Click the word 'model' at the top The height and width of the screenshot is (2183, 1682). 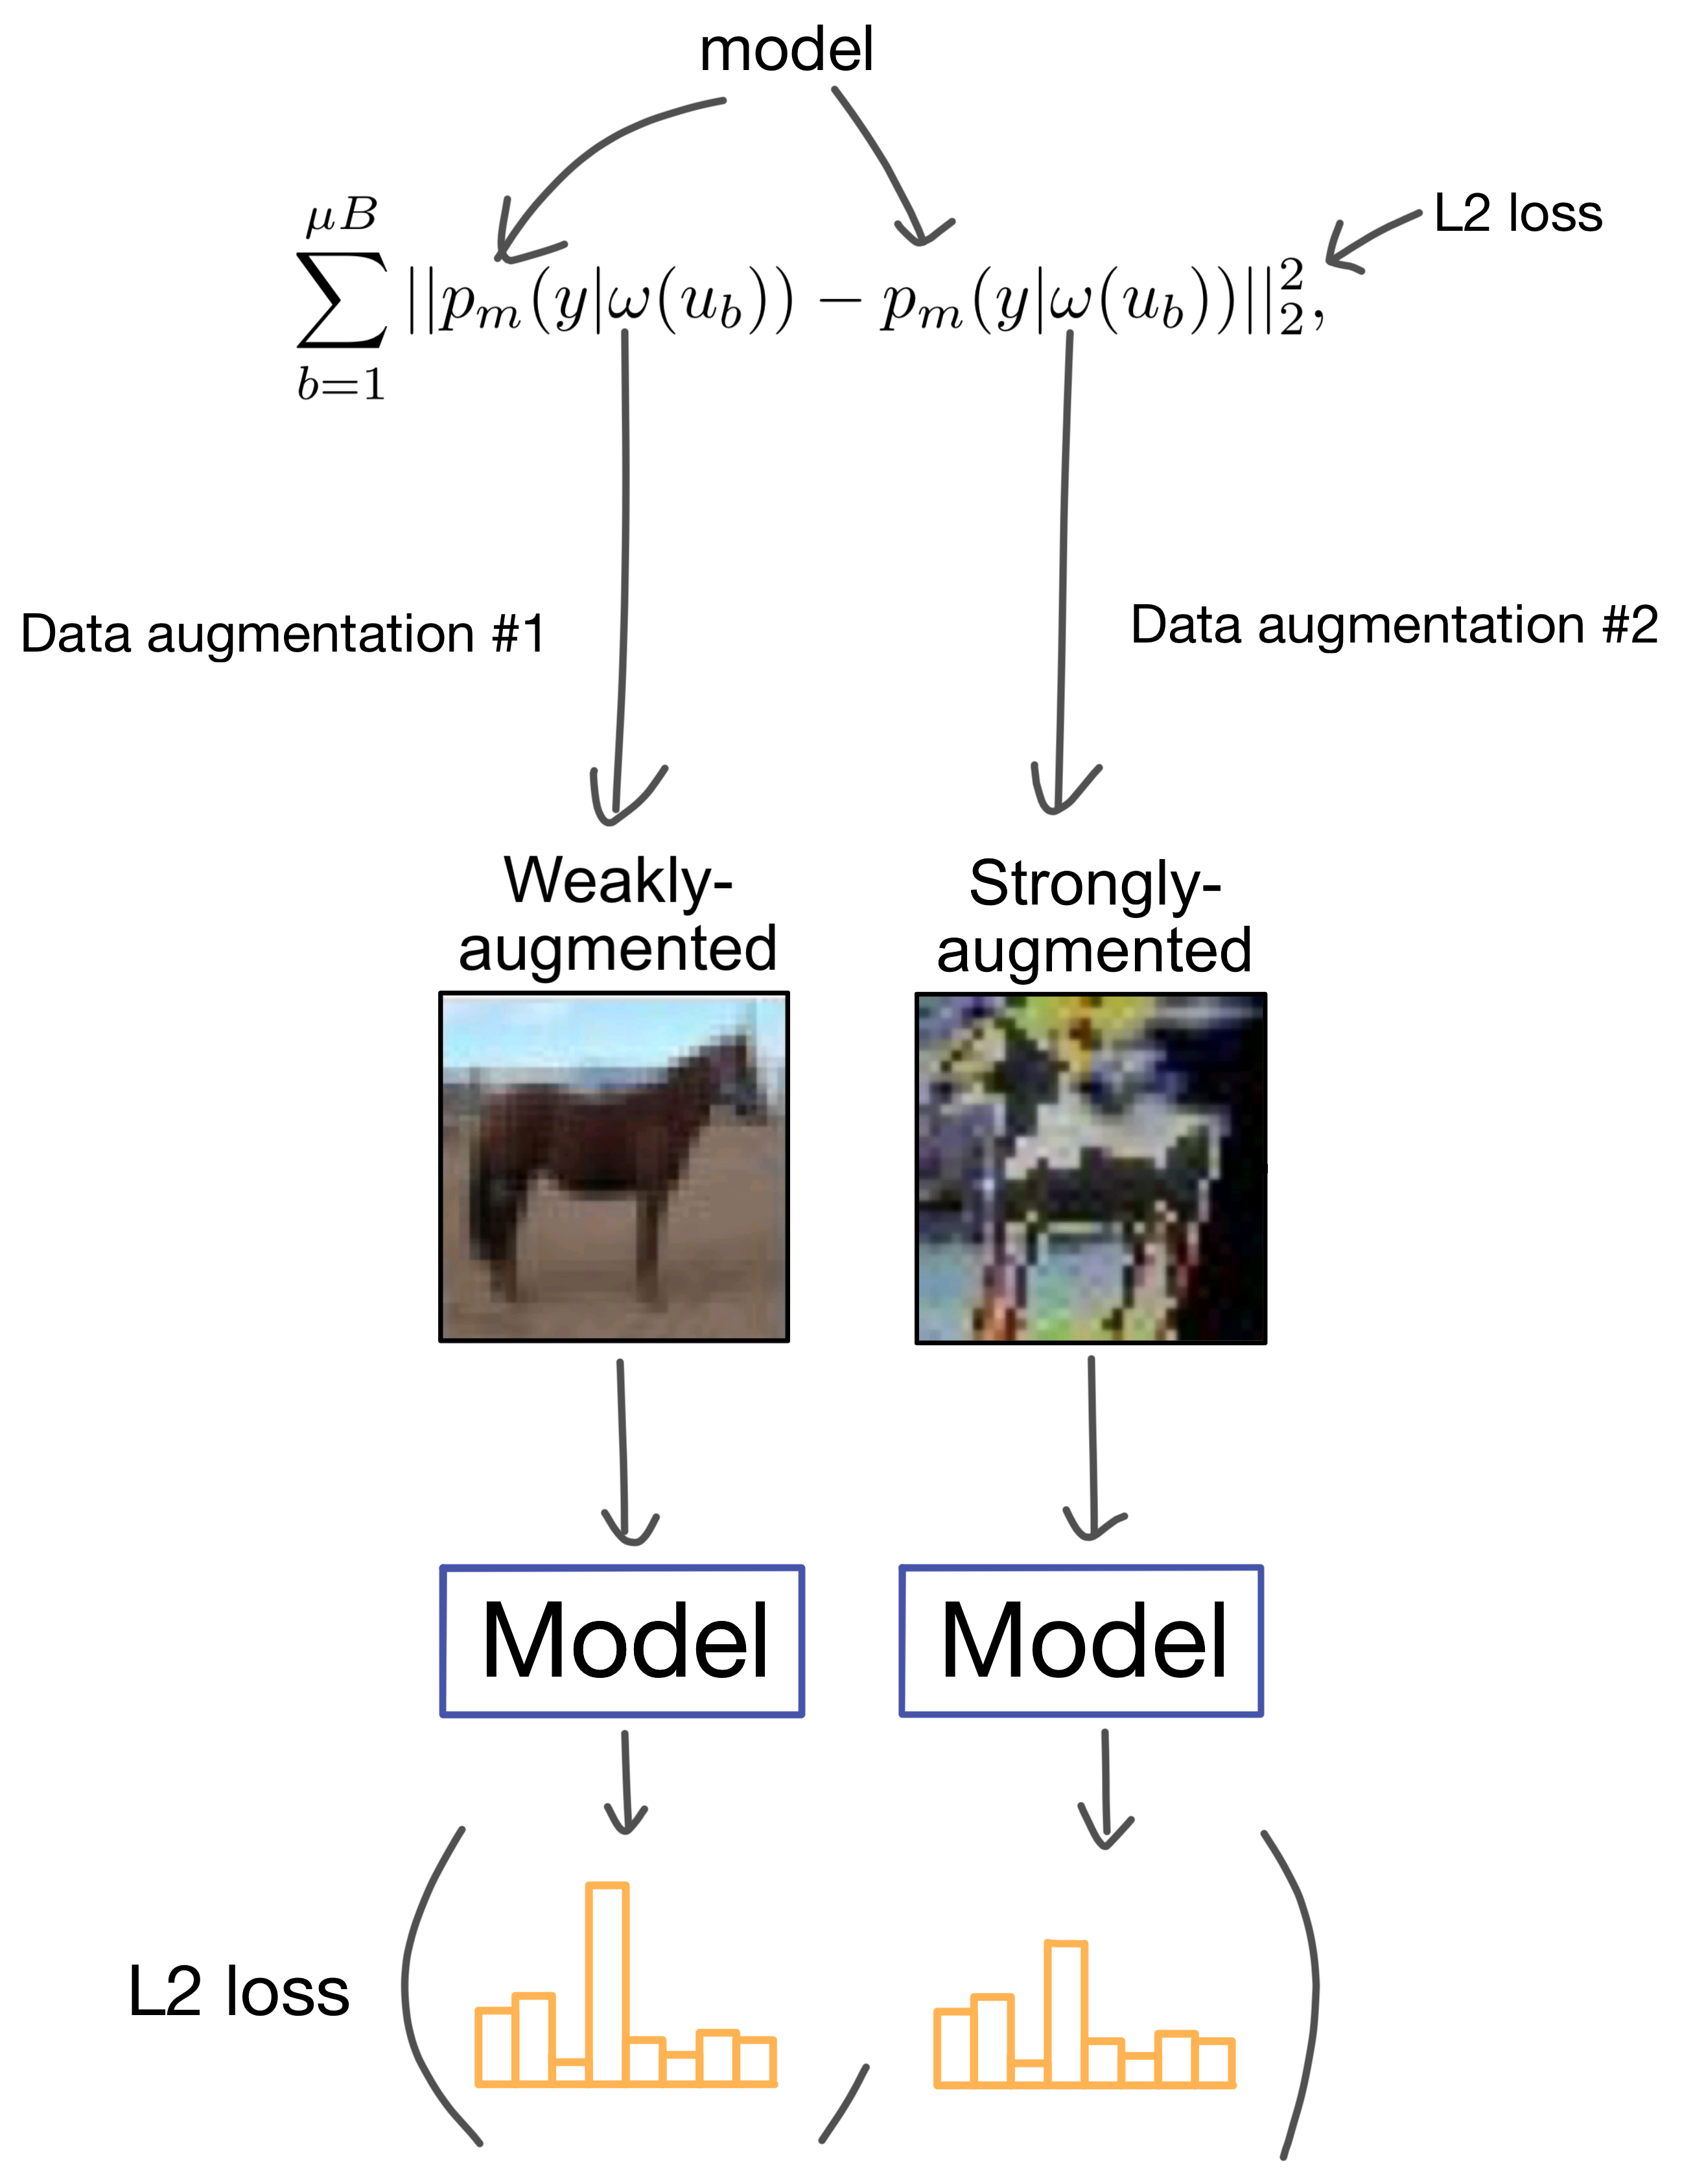click(x=786, y=50)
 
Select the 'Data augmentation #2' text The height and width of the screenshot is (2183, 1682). click(x=1394, y=626)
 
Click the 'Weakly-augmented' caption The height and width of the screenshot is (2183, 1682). click(x=618, y=915)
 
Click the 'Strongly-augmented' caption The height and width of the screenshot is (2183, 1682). click(x=1093, y=917)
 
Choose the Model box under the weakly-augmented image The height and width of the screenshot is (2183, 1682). click(x=622, y=1640)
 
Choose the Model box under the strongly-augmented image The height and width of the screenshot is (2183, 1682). click(x=1081, y=1640)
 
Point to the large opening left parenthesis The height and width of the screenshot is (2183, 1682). click(x=425, y=1989)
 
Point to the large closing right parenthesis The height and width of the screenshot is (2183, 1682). click(x=1299, y=1989)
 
